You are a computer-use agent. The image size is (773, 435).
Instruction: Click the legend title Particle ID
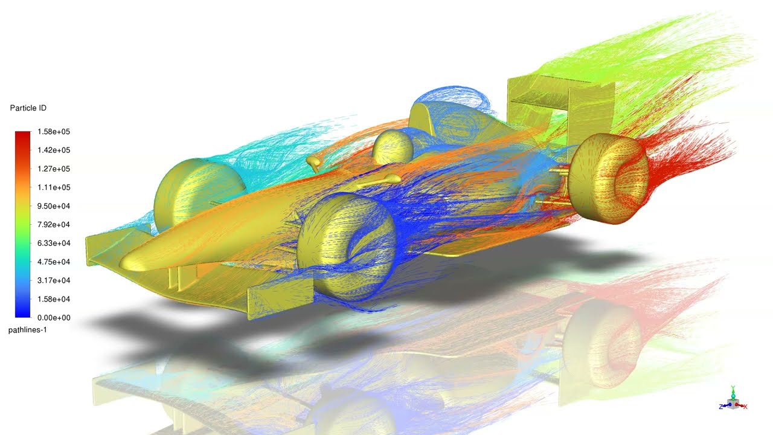point(28,108)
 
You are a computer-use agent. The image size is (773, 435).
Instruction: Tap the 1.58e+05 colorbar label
point(54,132)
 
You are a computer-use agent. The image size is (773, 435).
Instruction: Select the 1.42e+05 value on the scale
point(54,150)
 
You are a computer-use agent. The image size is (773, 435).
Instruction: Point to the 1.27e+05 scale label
point(54,169)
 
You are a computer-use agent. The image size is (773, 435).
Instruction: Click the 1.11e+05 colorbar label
point(54,187)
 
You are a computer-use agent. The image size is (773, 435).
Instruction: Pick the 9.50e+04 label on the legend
point(54,206)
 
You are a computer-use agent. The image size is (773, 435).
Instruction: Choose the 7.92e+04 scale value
point(54,225)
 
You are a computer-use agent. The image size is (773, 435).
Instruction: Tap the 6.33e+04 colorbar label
point(54,243)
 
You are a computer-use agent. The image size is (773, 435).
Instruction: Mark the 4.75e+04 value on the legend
point(54,262)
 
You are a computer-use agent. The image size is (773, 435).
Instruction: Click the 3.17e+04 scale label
point(54,280)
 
